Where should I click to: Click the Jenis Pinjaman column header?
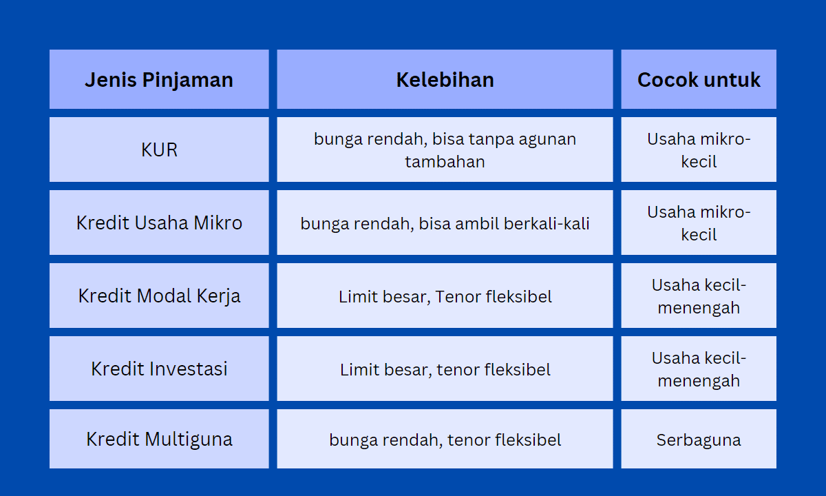tap(159, 79)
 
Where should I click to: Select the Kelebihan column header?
tap(445, 79)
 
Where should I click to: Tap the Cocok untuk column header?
tap(699, 79)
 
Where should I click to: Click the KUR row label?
tap(159, 149)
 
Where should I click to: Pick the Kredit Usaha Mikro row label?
tap(159, 223)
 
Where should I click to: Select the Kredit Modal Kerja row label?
tap(159, 296)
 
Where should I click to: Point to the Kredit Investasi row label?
tap(159, 369)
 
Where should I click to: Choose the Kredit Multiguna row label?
tap(159, 439)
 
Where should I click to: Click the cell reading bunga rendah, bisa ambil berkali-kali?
tap(445, 223)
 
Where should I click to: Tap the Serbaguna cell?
tap(699, 439)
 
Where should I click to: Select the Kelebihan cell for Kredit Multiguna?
tap(445, 439)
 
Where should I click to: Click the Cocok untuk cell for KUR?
tap(699, 149)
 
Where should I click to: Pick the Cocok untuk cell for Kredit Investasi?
tap(699, 369)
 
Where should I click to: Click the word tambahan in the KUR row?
tap(445, 162)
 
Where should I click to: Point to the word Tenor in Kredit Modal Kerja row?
tap(457, 297)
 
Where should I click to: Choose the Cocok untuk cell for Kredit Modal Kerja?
tap(699, 296)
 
